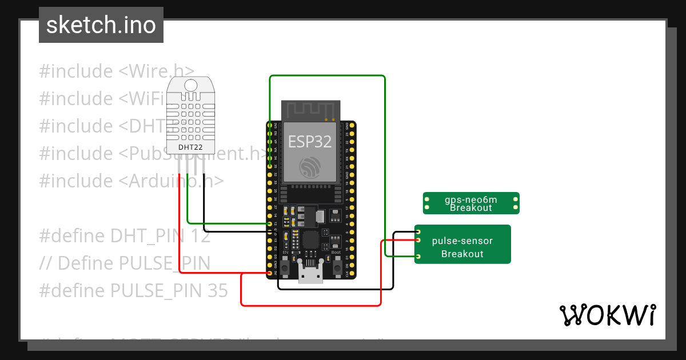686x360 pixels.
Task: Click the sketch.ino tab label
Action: pyautogui.click(x=101, y=25)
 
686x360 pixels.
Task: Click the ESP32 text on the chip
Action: pyautogui.click(x=310, y=141)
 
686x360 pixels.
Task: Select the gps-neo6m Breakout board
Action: pyautogui.click(x=470, y=203)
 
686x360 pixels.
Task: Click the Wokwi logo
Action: pyautogui.click(x=607, y=315)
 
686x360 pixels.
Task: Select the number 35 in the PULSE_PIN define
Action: pyautogui.click(x=216, y=291)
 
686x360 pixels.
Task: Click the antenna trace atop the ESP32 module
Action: pyautogui.click(x=310, y=109)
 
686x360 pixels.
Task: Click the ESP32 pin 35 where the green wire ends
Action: pyautogui.click(x=270, y=166)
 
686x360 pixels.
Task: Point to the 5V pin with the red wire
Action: pyautogui.click(x=270, y=273)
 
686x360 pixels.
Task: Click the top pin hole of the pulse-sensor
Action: pyautogui.click(x=419, y=231)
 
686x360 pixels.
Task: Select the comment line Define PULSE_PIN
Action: pyautogui.click(x=125, y=263)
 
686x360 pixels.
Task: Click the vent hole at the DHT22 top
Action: pyautogui.click(x=190, y=85)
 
